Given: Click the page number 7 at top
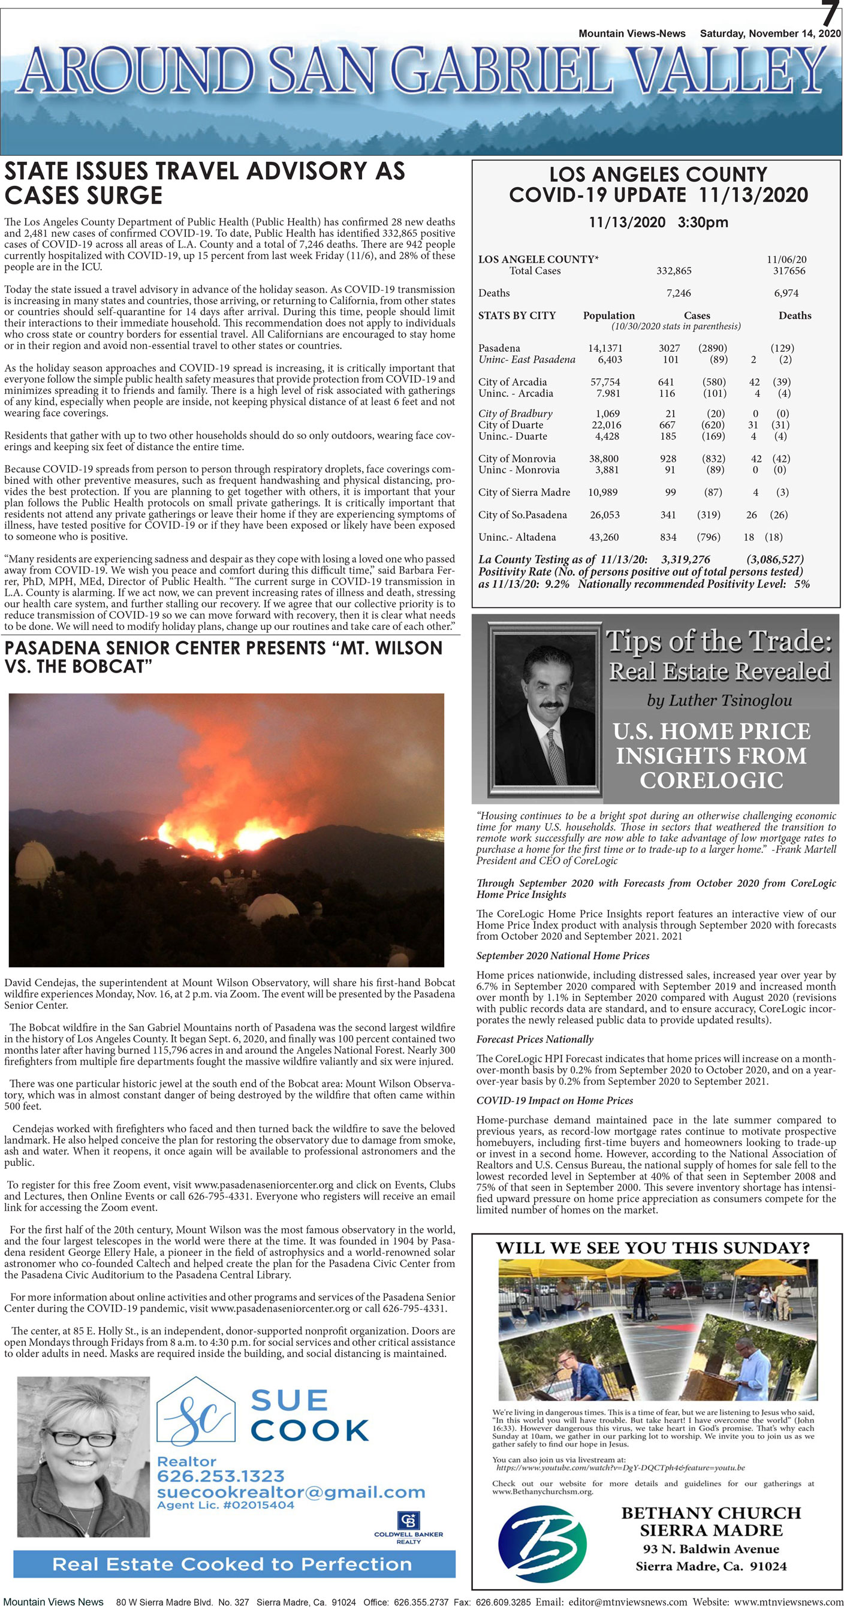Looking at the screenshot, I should coord(830,14).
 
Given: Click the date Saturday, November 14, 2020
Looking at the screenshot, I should coord(770,34).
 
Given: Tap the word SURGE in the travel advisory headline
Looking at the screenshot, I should coord(120,196).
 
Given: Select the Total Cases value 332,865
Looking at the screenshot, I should coord(673,271).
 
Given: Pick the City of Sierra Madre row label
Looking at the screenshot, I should coord(523,492).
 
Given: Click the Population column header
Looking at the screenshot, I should coord(608,316).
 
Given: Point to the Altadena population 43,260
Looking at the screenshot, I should coord(603,537).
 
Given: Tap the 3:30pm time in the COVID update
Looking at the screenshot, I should coord(703,223).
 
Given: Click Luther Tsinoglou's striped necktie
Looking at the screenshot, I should coord(556,755).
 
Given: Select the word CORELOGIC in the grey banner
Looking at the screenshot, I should coord(710,780).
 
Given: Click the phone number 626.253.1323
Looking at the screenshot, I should coord(220,1476).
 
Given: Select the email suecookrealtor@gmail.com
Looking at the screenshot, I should coord(290,1493).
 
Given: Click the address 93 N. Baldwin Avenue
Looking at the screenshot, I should coord(710,1548).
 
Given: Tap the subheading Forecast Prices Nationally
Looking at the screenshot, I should coord(534,1039).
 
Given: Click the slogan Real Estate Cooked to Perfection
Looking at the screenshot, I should coord(232,1564).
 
